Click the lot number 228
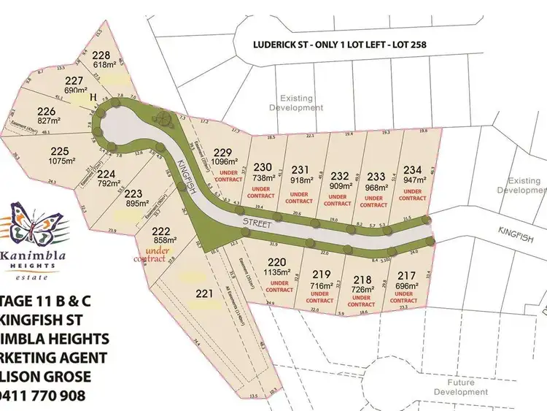pos(102,54)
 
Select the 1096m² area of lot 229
pos(223,163)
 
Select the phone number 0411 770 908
pos(43,395)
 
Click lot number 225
pos(60,151)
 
